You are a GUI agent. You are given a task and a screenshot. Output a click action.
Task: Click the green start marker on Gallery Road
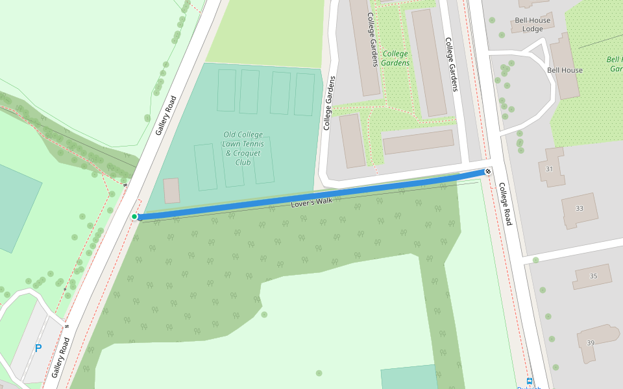[x=134, y=217]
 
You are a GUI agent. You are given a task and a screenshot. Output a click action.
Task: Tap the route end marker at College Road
[x=487, y=171]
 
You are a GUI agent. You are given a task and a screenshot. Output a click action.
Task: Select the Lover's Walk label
[x=311, y=202]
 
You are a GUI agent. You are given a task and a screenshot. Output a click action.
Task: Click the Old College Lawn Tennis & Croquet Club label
[x=242, y=148]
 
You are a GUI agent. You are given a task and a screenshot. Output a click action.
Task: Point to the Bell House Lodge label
[x=532, y=25]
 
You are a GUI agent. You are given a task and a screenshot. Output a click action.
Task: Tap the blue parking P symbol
[x=38, y=348]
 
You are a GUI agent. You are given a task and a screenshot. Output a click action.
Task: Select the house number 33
[x=579, y=208]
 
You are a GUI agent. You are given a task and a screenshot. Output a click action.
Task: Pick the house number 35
[x=592, y=276]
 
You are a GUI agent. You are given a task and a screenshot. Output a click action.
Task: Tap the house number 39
[x=590, y=342]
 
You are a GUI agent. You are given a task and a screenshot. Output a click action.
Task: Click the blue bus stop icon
[x=530, y=381]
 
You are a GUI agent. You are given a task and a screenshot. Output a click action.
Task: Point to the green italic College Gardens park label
[x=396, y=58]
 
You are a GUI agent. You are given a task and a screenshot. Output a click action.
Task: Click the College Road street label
[x=505, y=204]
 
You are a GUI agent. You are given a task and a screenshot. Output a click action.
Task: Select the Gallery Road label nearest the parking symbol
[x=60, y=358]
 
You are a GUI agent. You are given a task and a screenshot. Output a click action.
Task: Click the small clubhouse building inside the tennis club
[x=171, y=191]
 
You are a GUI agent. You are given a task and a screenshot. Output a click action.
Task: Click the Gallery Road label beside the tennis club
[x=166, y=115]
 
